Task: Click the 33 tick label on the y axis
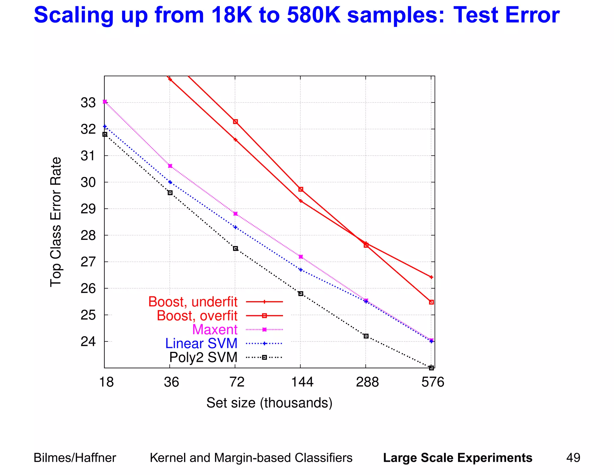(x=88, y=103)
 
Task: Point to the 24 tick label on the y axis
(x=88, y=342)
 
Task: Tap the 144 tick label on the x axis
(x=302, y=382)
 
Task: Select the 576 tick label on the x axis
(x=433, y=382)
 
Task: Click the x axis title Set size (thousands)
(x=269, y=403)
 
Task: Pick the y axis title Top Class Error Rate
(x=56, y=222)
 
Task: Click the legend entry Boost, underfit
(x=193, y=302)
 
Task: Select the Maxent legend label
(x=215, y=330)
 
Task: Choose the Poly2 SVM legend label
(x=203, y=357)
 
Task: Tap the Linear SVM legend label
(x=201, y=343)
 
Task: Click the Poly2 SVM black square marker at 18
(x=105, y=135)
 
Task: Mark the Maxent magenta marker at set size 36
(x=170, y=166)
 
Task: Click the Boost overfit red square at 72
(x=235, y=122)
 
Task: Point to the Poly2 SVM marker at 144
(x=301, y=294)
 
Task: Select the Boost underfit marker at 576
(x=431, y=277)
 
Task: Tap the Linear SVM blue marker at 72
(x=235, y=227)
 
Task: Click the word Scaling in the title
(x=74, y=15)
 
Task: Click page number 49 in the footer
(x=573, y=458)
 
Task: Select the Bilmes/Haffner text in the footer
(x=75, y=458)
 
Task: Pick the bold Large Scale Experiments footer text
(x=458, y=458)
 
